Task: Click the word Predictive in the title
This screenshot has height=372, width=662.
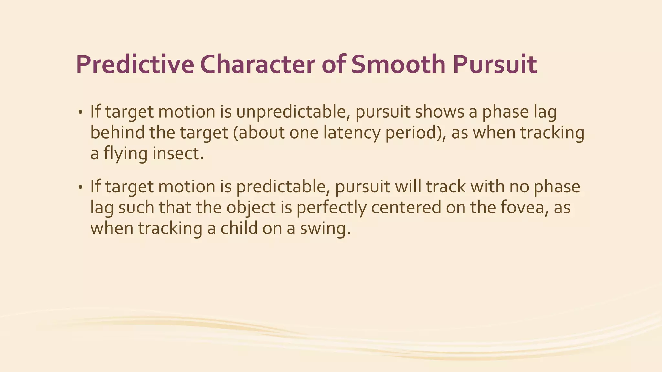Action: (135, 65)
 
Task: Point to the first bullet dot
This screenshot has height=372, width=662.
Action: (80, 113)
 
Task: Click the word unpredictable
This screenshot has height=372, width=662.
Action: (293, 112)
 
